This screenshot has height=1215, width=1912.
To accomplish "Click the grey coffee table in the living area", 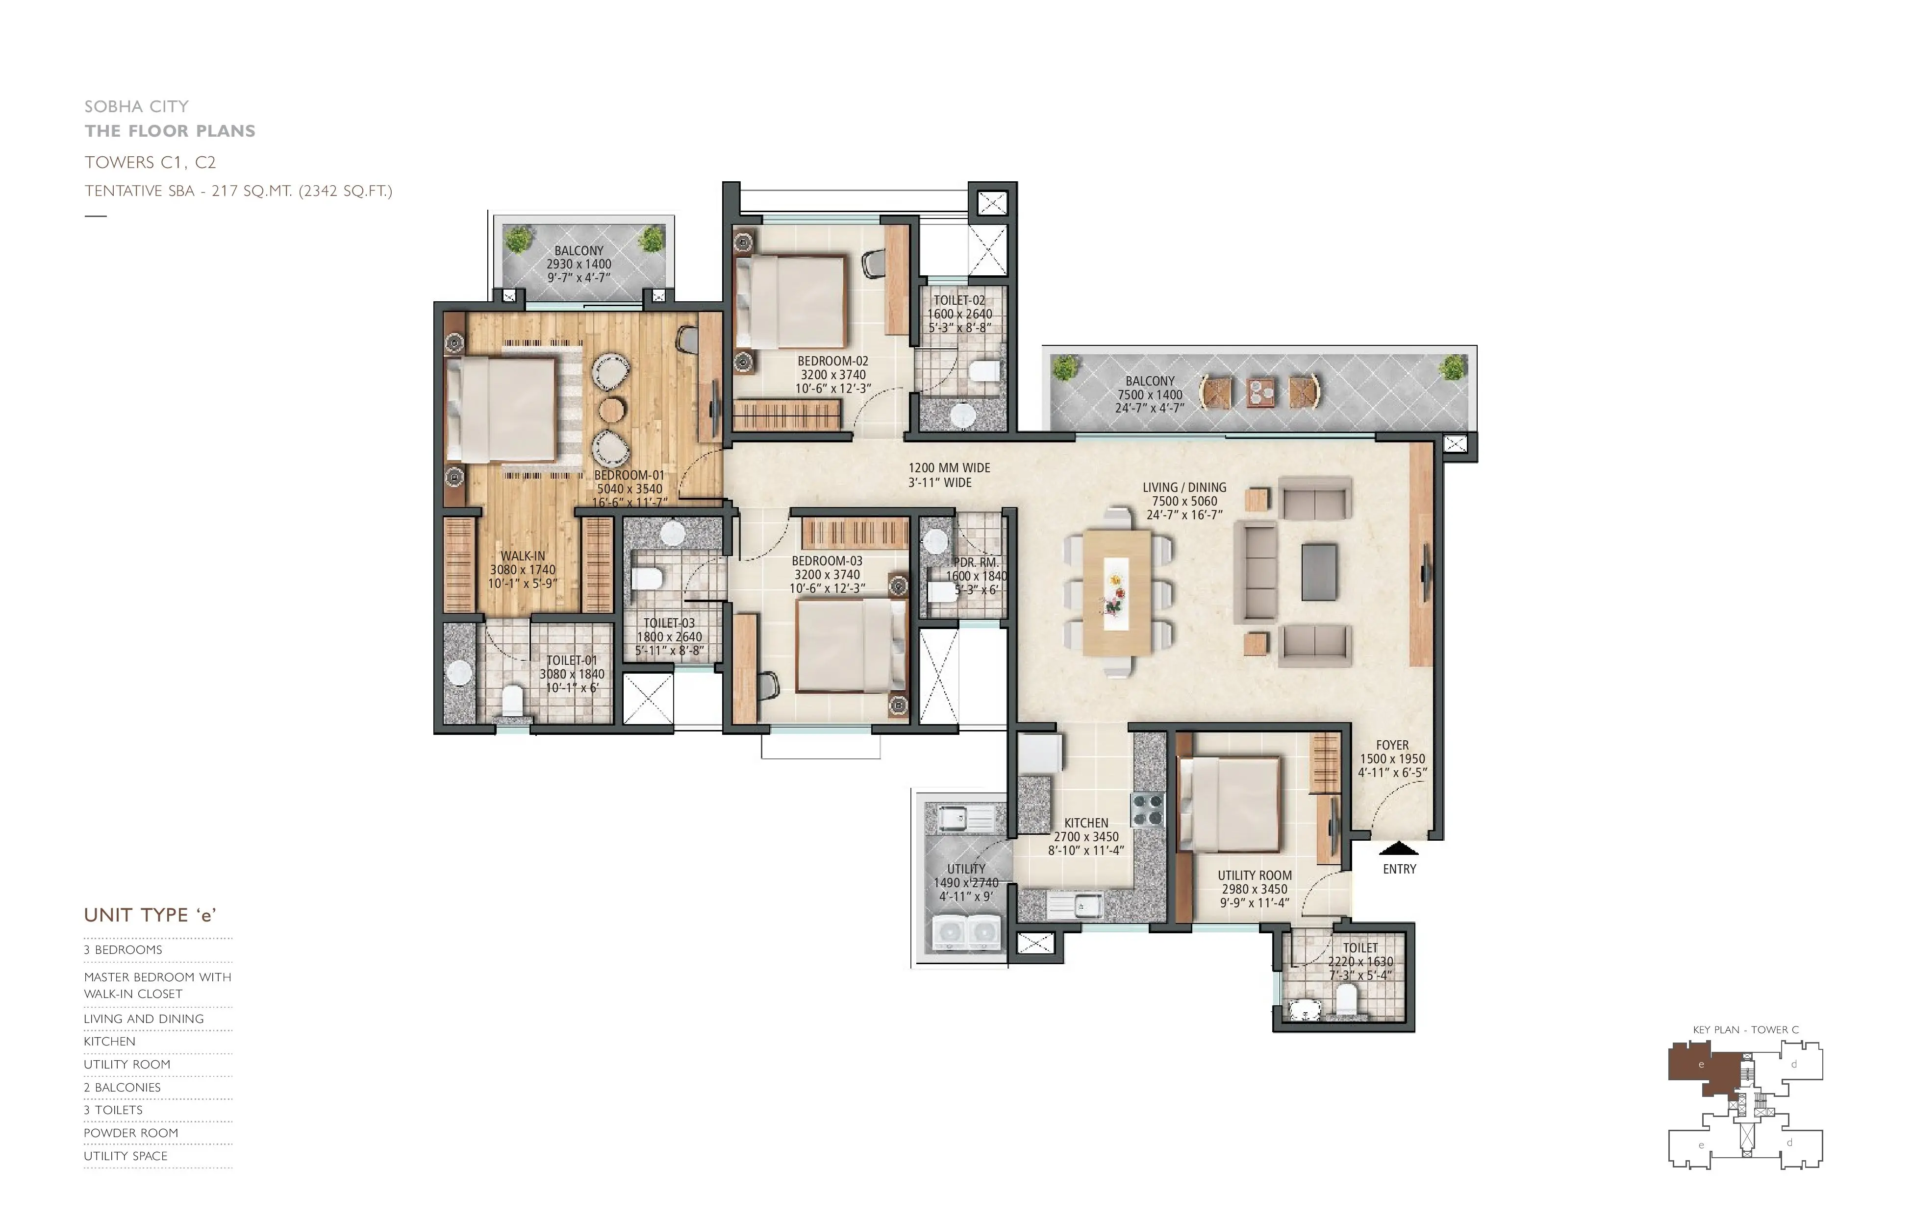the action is click(x=1319, y=571).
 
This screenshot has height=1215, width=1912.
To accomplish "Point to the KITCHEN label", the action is click(x=1086, y=823).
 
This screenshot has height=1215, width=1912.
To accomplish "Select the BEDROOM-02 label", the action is click(x=833, y=361).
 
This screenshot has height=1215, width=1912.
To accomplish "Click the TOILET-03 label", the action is click(x=669, y=623).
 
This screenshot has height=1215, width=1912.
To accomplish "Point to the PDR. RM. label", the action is click(x=977, y=562).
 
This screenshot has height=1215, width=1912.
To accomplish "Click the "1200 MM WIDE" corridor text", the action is click(x=950, y=468).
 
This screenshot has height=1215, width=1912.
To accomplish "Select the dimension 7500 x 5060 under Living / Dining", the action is click(x=1184, y=501).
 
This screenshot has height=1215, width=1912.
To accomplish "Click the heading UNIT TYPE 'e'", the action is click(x=150, y=915).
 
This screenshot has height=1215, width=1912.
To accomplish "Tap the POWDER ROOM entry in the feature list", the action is click(x=131, y=1133).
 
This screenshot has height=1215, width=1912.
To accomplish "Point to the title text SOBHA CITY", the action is click(x=137, y=106).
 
